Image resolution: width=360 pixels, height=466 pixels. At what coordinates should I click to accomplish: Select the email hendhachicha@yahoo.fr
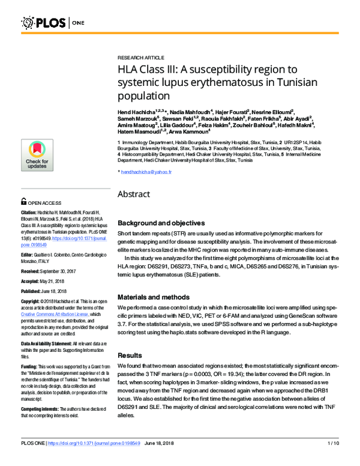point(146,172)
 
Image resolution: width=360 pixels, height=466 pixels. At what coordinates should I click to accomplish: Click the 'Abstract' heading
point(137,195)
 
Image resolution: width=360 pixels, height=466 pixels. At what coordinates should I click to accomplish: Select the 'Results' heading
point(130,355)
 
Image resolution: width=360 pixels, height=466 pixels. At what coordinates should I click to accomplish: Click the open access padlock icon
point(23,203)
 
